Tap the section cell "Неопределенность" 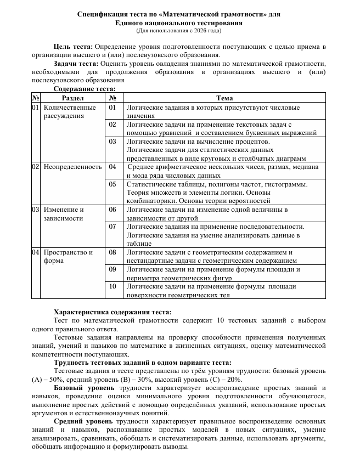[72, 166]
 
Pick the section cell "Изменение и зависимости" [64, 213]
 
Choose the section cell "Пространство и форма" [68, 256]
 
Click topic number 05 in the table [112, 184]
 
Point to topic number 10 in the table [112, 286]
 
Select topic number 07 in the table [112, 226]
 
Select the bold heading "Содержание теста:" [85, 88]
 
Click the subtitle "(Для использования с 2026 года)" [179, 31]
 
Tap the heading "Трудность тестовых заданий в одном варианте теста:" [143, 362]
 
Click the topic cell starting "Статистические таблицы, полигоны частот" [217, 193]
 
